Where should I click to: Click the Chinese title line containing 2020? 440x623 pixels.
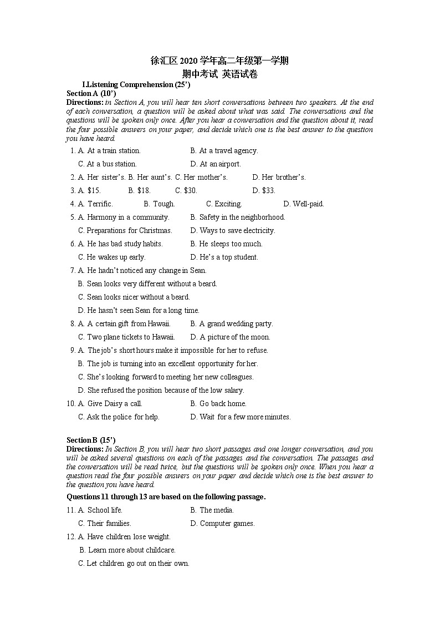point(219,61)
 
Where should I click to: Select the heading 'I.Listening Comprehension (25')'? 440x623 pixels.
point(136,84)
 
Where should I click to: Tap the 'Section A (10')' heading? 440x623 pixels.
point(91,93)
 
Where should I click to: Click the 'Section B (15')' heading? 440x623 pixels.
point(91,440)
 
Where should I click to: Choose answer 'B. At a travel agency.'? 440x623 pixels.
point(224,150)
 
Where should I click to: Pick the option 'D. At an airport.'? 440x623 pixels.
point(216,164)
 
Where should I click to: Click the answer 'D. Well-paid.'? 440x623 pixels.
point(304,204)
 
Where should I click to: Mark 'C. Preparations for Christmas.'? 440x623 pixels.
point(125,230)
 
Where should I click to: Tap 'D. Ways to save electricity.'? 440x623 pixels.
point(233,230)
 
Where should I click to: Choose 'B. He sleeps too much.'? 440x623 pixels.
point(226,244)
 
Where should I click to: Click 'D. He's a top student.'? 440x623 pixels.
point(224,257)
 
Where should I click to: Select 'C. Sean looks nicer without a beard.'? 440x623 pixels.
point(134,297)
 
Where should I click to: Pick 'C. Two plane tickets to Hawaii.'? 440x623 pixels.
point(126,337)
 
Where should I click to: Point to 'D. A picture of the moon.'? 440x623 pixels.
point(230,337)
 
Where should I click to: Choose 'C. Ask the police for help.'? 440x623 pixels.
point(119,417)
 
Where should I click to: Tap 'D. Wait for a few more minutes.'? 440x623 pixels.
point(241,417)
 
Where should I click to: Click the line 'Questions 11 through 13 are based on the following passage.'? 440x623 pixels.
point(166,497)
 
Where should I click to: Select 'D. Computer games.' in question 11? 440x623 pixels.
point(222,523)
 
